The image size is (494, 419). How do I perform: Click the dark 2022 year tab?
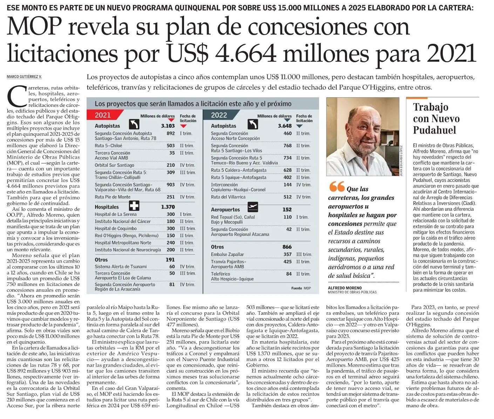click(x=219, y=115)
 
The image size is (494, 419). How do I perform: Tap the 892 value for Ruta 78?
click(x=171, y=133)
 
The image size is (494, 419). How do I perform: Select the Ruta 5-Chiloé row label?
click(x=108, y=146)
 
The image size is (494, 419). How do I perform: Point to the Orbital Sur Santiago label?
click(x=114, y=165)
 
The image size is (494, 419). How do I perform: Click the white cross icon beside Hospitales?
click(x=134, y=206)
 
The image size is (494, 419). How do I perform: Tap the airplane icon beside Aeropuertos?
click(x=252, y=207)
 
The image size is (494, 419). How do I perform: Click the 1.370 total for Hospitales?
click(x=168, y=207)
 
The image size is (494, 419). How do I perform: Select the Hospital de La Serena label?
click(x=116, y=214)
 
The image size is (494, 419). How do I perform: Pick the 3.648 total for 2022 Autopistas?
click(x=285, y=126)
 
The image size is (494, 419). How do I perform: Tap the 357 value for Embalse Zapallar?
click(x=287, y=254)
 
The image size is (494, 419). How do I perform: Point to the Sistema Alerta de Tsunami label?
click(x=121, y=267)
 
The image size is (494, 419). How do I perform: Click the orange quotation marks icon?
click(x=337, y=186)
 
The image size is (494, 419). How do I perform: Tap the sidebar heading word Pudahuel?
click(x=434, y=130)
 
